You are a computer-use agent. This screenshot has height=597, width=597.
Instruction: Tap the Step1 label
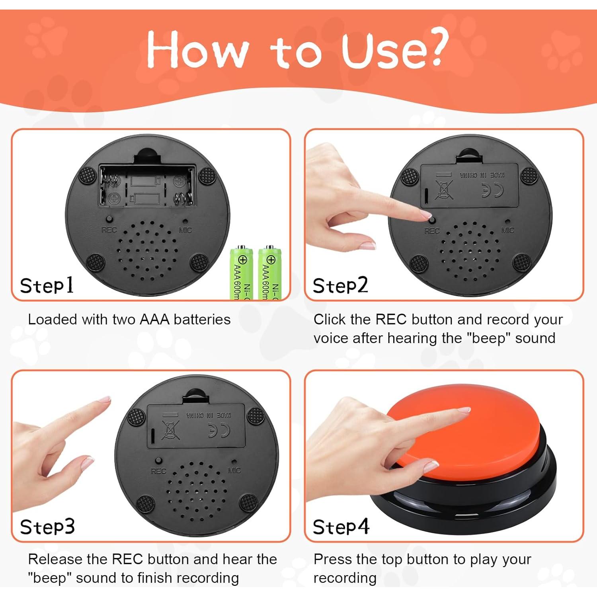(47, 285)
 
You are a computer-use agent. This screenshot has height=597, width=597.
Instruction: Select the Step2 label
(340, 285)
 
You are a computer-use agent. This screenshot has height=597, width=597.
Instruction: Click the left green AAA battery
(241, 273)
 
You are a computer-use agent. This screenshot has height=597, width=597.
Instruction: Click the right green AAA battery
(270, 273)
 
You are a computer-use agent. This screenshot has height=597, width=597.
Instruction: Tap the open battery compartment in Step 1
(148, 186)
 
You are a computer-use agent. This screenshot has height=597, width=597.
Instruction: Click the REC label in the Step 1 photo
(109, 230)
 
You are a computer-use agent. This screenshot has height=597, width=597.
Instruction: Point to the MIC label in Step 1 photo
(185, 230)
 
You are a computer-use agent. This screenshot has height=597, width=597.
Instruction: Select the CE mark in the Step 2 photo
(492, 190)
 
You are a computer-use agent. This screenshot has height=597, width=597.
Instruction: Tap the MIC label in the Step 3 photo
(234, 470)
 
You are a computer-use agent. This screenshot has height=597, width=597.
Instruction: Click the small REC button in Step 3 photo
(158, 460)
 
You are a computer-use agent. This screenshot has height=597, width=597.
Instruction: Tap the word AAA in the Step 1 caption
(155, 320)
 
